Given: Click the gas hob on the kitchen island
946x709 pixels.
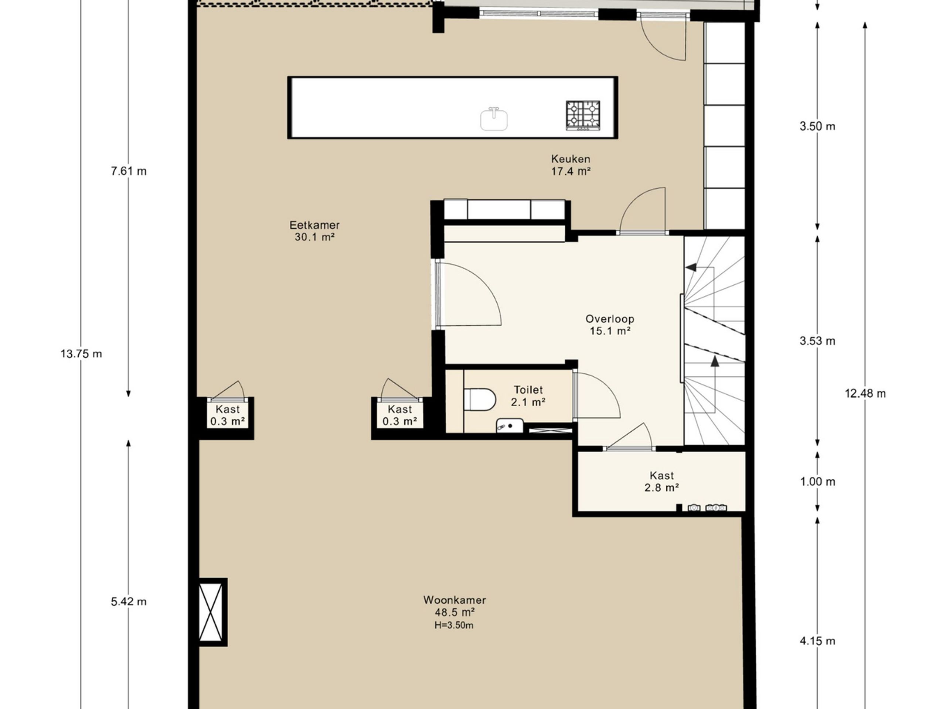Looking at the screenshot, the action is click(583, 115).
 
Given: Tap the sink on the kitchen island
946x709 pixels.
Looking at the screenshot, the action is click(494, 119).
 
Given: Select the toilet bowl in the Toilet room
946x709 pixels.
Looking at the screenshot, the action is click(480, 399).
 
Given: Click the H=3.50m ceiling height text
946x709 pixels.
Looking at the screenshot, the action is click(454, 626).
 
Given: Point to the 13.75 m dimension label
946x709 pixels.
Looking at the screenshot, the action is click(81, 354).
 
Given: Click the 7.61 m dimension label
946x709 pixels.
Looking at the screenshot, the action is click(129, 171).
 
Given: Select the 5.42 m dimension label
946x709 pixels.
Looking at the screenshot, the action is click(129, 602).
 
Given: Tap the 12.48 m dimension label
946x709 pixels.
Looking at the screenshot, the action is click(865, 393).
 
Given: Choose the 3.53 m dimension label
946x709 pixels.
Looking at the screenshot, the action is click(817, 341).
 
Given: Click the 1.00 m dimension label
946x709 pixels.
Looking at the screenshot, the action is click(817, 482).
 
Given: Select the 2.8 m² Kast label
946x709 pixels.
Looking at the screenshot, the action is click(661, 482).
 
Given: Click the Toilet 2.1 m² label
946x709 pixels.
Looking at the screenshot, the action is click(528, 396).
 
